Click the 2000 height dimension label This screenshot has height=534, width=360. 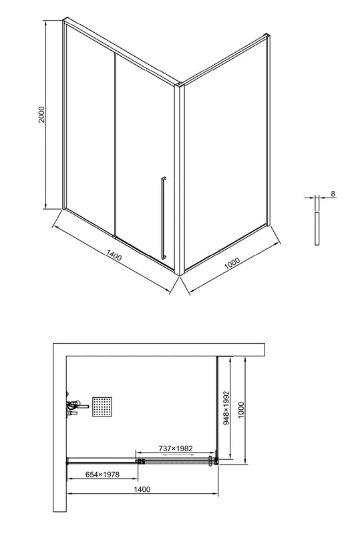click(41, 114)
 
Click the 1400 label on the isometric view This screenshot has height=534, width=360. click(114, 255)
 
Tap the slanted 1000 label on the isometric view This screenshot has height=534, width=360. click(232, 263)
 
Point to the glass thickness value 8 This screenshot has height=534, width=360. click(333, 194)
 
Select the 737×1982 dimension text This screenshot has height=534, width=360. click(176, 449)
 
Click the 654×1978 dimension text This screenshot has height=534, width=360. click(102, 474)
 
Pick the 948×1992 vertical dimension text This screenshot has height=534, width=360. click(226, 408)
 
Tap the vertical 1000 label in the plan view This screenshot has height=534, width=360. click(241, 410)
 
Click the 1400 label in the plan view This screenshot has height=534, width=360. click(142, 489)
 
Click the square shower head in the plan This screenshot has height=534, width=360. click(102, 407)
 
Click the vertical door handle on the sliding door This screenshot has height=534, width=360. click(163, 218)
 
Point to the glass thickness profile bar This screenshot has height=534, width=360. click(317, 228)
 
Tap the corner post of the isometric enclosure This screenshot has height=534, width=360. click(179, 180)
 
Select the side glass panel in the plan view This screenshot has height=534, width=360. click(217, 407)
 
